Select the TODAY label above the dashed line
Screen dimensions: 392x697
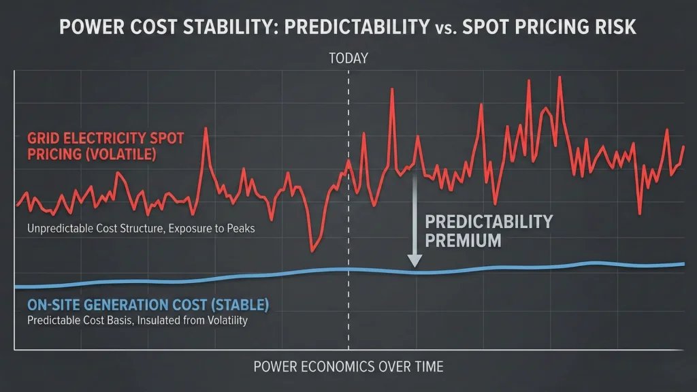[x=348, y=59]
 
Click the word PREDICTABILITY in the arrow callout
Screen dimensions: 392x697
[x=489, y=222]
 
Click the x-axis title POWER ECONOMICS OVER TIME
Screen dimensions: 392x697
[x=348, y=367]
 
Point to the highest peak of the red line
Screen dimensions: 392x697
[x=560, y=77]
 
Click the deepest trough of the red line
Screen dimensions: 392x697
[x=312, y=249]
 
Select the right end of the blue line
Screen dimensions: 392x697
[x=683, y=263]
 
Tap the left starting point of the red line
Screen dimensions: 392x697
[x=17, y=204]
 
